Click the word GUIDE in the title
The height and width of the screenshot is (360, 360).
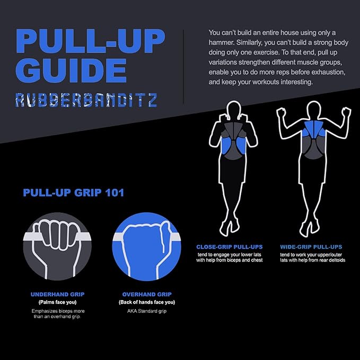[71, 71]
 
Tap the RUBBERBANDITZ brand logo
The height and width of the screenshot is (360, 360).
[86, 100]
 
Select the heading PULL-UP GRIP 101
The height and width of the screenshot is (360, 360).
[74, 192]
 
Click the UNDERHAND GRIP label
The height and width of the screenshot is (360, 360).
[58, 294]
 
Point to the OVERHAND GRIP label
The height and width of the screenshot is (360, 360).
[147, 294]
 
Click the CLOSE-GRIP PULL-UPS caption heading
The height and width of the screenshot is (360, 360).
[230, 247]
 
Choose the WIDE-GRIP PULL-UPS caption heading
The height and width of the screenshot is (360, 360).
[311, 247]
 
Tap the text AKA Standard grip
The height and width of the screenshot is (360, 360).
[147, 311]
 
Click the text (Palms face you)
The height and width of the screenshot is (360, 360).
[58, 302]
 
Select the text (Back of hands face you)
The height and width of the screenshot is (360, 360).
[147, 302]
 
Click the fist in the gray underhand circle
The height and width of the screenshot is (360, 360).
[56, 241]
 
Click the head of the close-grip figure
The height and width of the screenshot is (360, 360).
[233, 110]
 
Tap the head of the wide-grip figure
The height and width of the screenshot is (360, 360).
[314, 110]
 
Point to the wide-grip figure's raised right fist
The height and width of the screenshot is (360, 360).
[346, 113]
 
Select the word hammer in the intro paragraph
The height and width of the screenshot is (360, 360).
[221, 43]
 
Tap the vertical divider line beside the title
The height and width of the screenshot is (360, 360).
[183, 67]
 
